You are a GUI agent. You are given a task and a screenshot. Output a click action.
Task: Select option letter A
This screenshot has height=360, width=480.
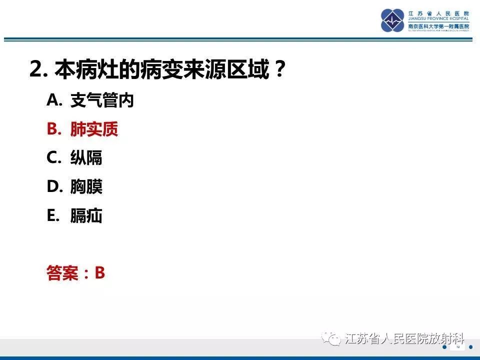tap(53, 100)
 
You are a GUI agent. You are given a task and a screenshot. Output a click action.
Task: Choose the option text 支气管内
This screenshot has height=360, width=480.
tap(102, 101)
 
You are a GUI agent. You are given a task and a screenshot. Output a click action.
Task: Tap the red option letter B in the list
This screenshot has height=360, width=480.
tap(53, 129)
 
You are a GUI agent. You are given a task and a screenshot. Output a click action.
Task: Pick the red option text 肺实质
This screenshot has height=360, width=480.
tap(94, 129)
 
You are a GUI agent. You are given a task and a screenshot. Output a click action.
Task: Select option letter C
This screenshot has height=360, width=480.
tap(53, 158)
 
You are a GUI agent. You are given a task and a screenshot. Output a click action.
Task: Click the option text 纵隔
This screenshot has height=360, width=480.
tap(86, 158)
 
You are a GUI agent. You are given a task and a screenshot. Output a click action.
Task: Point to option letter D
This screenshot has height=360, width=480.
tap(53, 187)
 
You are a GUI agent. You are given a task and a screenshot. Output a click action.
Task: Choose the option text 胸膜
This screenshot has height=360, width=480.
tap(86, 187)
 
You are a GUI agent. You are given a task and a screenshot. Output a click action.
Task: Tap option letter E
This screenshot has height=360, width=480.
tap(52, 216)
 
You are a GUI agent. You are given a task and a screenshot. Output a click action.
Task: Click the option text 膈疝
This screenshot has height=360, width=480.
tap(86, 216)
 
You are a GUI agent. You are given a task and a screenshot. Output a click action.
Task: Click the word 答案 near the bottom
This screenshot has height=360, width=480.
tap(62, 273)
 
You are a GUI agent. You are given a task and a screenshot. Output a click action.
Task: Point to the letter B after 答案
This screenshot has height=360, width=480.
tap(100, 273)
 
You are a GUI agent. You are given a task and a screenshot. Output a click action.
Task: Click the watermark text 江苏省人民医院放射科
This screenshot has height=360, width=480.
tap(405, 339)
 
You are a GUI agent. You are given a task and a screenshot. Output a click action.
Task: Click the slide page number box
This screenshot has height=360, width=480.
tap(458, 347)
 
